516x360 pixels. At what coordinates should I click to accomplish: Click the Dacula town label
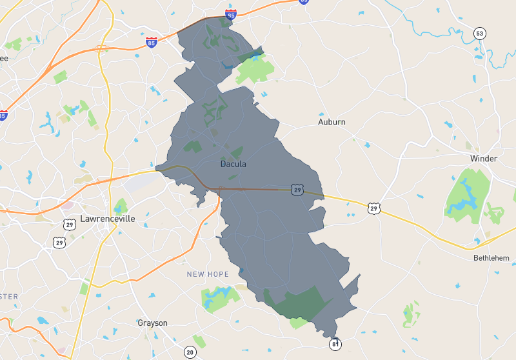233,164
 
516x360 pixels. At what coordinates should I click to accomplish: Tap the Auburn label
332,122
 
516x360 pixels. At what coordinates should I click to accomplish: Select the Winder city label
484,159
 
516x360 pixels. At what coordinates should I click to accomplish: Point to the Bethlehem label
491,258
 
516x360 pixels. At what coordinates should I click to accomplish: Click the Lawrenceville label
108,219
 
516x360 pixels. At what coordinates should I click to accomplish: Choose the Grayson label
152,323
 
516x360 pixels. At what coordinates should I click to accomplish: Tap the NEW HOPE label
208,274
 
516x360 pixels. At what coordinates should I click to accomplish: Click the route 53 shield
479,34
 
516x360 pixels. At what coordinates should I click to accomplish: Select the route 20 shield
190,352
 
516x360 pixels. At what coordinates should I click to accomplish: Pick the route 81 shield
335,344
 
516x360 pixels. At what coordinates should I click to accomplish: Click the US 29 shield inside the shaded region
297,190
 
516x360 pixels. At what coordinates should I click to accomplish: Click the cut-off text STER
9,297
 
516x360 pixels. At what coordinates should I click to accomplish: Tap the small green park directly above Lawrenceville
121,206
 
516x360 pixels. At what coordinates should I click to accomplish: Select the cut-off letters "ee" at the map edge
4,58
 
